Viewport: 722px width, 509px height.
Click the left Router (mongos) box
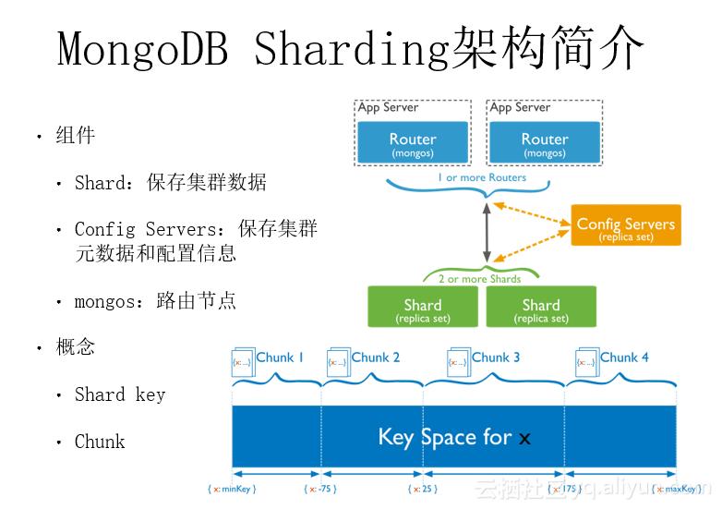(413, 143)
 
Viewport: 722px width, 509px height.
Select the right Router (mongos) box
(545, 143)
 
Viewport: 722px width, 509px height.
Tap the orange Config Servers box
(625, 227)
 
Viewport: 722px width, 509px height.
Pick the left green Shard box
(423, 309)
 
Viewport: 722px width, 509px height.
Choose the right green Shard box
(541, 309)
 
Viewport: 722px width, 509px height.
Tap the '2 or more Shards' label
(479, 278)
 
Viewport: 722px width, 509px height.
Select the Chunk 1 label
(280, 358)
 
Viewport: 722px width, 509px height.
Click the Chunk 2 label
(376, 358)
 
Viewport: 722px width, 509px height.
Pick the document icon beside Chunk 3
(458, 361)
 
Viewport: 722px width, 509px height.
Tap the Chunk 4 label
(624, 358)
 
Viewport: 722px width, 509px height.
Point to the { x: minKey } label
(232, 489)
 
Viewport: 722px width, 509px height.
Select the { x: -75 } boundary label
(320, 489)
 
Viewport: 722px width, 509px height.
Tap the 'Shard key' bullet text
(120, 395)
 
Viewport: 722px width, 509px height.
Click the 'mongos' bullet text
(103, 301)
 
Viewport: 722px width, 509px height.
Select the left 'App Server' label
(388, 107)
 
